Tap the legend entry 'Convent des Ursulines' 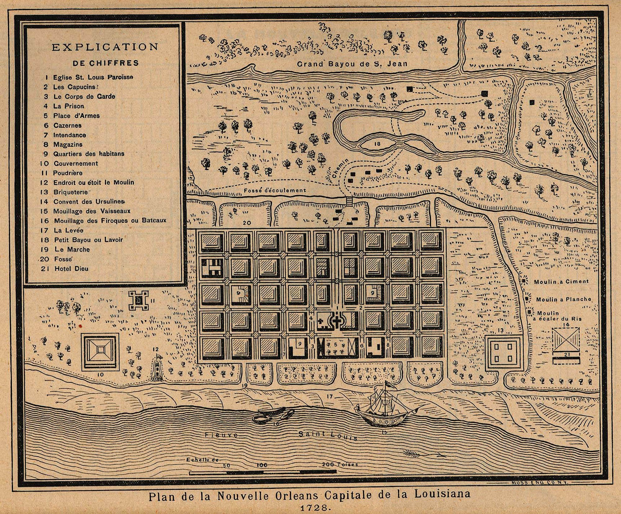click(89, 202)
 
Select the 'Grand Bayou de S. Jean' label click(352, 64)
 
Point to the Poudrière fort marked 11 click(138, 301)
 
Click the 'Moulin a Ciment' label click(561, 282)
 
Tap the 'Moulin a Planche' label click(564, 299)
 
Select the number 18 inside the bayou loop click(377, 144)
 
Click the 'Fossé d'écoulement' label click(275, 190)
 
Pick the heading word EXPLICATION click(105, 47)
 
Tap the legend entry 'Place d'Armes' click(76, 116)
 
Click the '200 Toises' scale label click(340, 464)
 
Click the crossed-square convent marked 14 click(566, 340)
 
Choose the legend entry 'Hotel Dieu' click(71, 269)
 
